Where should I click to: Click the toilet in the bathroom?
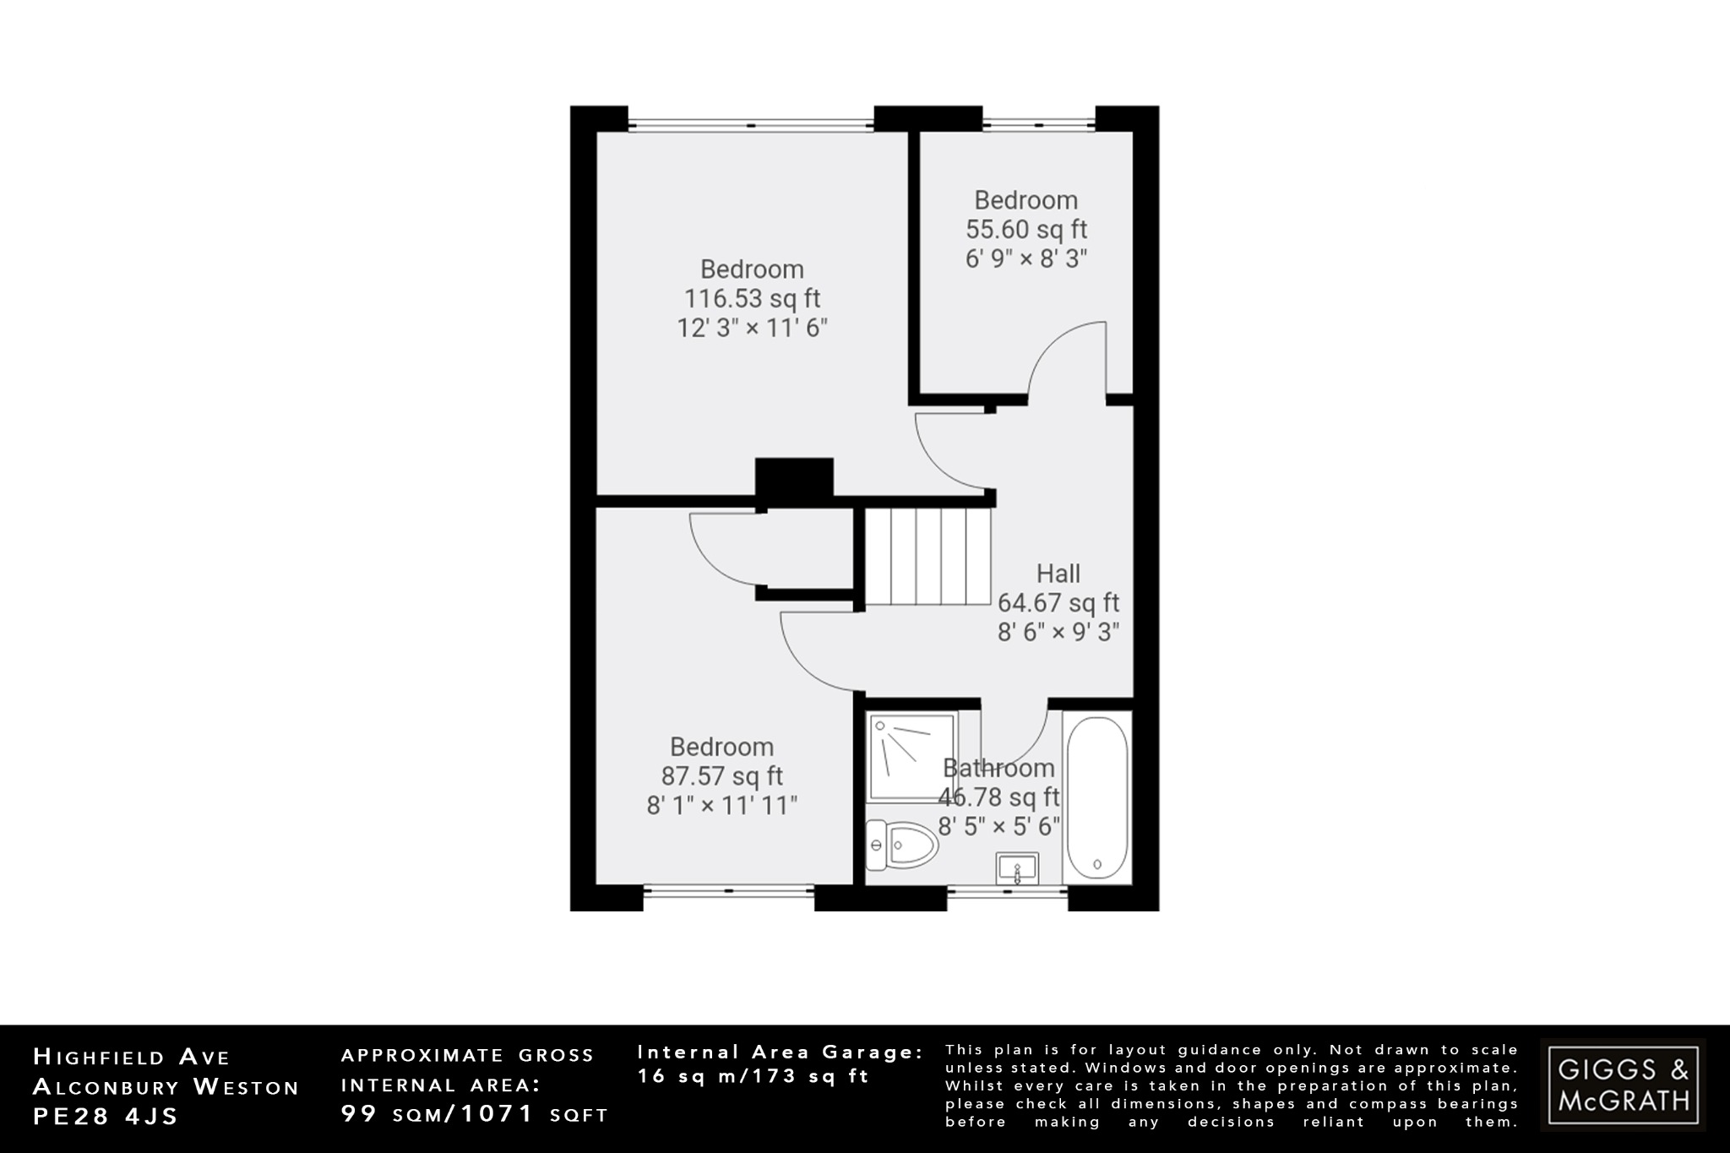[x=902, y=845]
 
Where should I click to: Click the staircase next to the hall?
[x=928, y=556]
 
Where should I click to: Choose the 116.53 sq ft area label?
[x=752, y=299]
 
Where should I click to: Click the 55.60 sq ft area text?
[x=1026, y=230]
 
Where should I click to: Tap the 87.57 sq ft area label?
[x=722, y=776]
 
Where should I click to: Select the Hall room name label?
[x=1058, y=574]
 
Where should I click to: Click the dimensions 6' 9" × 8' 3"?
[x=1026, y=258]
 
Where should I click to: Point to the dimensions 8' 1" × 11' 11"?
[x=722, y=806]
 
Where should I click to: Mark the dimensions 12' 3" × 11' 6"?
[x=752, y=328]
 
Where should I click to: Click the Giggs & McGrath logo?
[x=1623, y=1085]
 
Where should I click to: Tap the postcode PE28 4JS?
[x=106, y=1117]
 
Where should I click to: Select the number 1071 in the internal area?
[x=498, y=1114]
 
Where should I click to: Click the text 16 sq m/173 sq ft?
[x=753, y=1077]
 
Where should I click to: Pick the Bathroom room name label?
[x=998, y=769]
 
